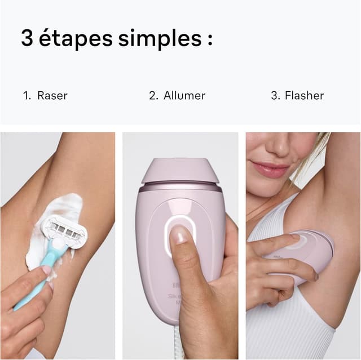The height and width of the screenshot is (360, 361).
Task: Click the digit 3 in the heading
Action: point(28,38)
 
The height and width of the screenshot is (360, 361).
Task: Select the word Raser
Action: point(52,96)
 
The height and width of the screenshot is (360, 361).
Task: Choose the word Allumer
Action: point(184,96)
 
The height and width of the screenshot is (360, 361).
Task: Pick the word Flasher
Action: point(304,96)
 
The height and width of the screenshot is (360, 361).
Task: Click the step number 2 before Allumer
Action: point(153,96)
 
